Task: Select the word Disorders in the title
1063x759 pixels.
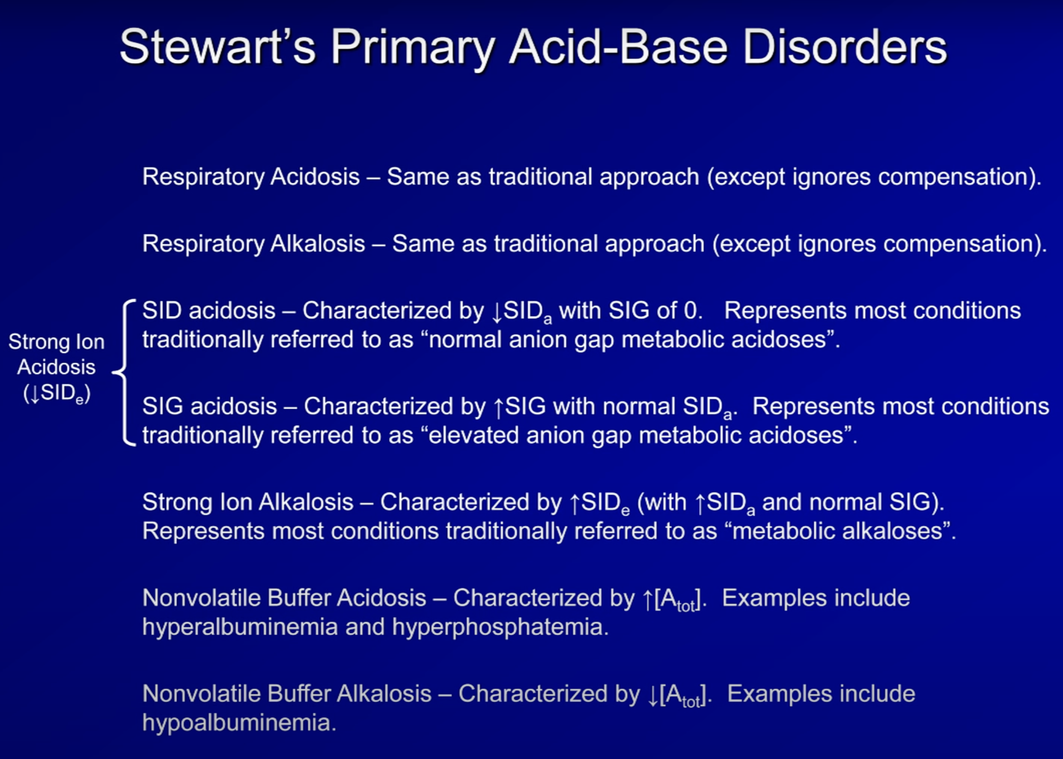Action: click(x=844, y=47)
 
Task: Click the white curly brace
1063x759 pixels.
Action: click(x=124, y=372)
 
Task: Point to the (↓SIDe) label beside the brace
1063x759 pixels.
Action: click(x=57, y=393)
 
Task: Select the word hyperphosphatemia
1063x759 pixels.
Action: click(x=500, y=627)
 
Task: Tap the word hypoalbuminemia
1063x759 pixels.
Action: click(x=239, y=723)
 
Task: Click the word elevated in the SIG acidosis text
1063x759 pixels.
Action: click(x=473, y=435)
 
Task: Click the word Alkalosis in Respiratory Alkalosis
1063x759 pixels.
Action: click(x=318, y=244)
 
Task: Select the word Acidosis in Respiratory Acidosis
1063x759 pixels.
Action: click(x=315, y=177)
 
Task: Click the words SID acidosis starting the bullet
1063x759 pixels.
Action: click(x=209, y=311)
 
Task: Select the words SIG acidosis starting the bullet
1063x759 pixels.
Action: click(x=210, y=407)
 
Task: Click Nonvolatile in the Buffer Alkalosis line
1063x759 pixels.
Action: click(x=202, y=694)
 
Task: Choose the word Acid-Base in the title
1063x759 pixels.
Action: click(x=619, y=47)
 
